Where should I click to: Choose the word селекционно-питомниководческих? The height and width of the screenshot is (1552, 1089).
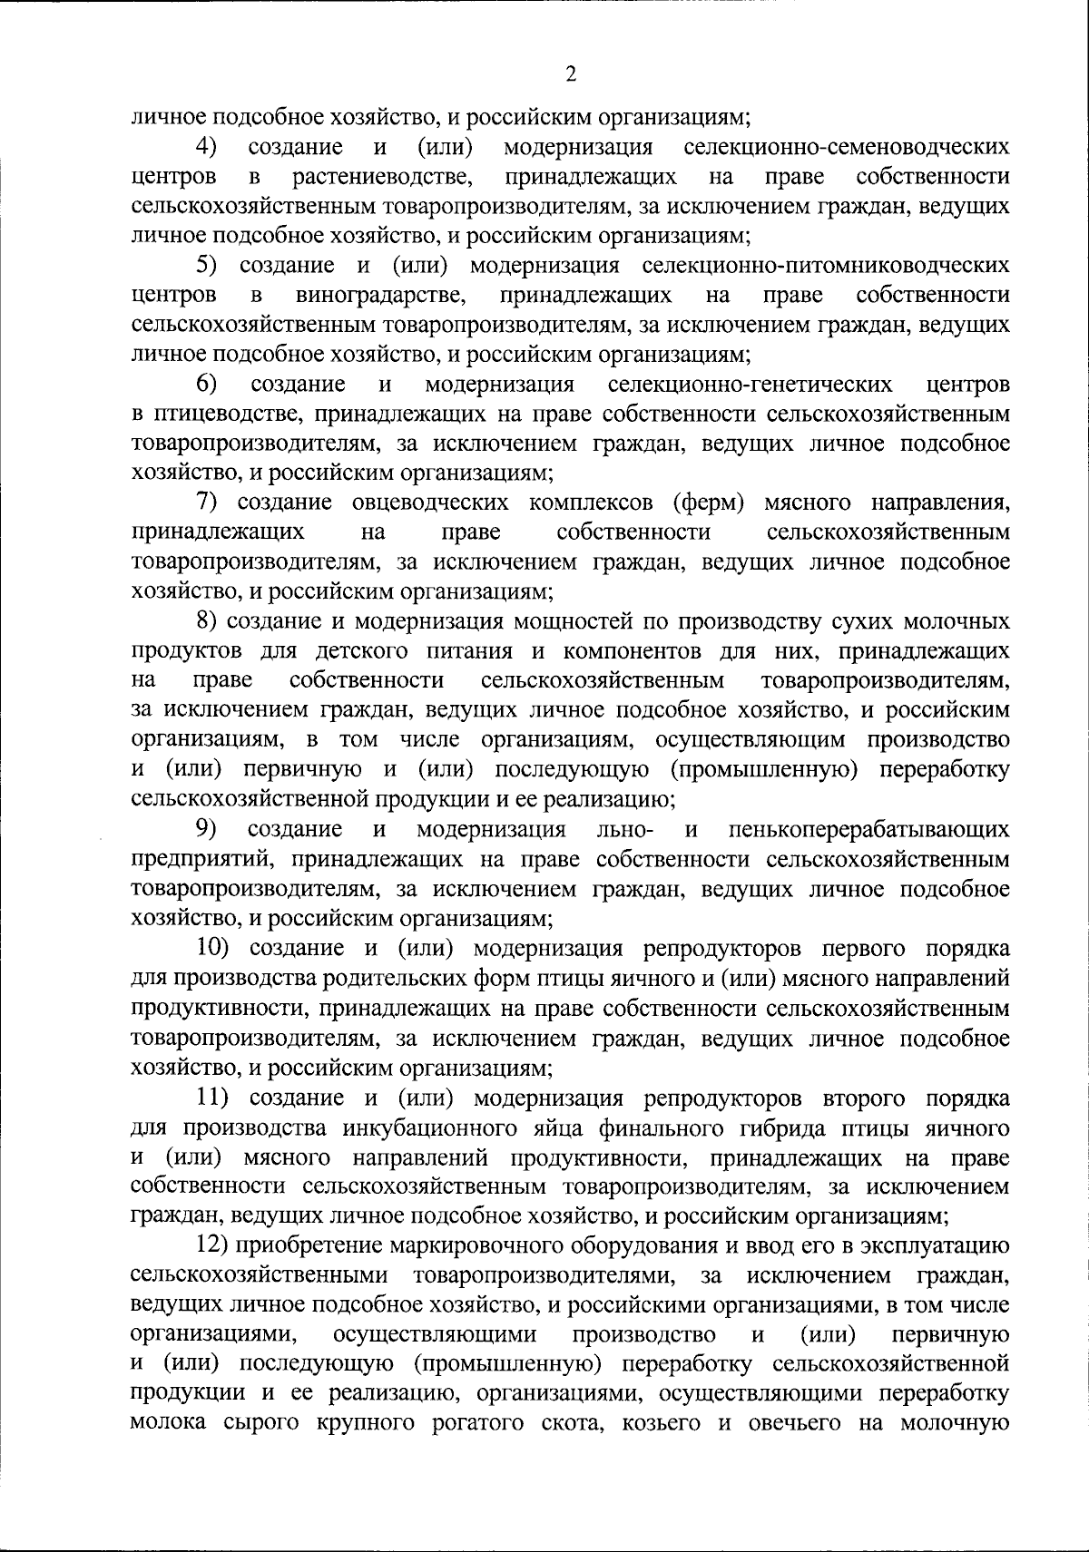[825, 266]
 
